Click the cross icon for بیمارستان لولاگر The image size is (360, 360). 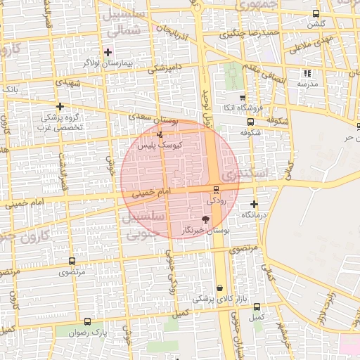[108, 52]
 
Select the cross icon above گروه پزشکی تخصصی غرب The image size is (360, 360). [59, 106]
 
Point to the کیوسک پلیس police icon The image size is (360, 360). [160, 134]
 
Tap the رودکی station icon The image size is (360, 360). [216, 190]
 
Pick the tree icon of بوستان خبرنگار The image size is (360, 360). [205, 220]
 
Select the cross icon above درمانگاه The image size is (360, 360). [254, 205]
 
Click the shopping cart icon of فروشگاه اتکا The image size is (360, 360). [243, 98]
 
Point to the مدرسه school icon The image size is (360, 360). [307, 73]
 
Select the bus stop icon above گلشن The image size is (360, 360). [316, 14]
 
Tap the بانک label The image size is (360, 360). [10, 90]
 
